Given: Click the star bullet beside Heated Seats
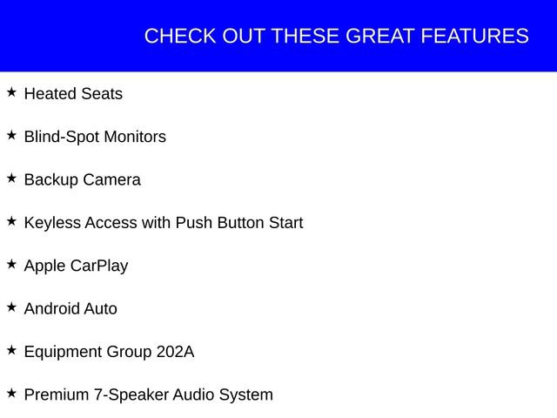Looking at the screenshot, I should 11,91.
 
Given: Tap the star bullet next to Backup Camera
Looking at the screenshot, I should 11,178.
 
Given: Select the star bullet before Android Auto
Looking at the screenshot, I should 11,307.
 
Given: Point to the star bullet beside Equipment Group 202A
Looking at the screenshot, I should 11,349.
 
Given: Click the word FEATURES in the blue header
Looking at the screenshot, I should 474,37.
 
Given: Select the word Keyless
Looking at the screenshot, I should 51,223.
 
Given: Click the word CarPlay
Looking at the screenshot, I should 99,266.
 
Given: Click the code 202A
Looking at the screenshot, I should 175,352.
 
